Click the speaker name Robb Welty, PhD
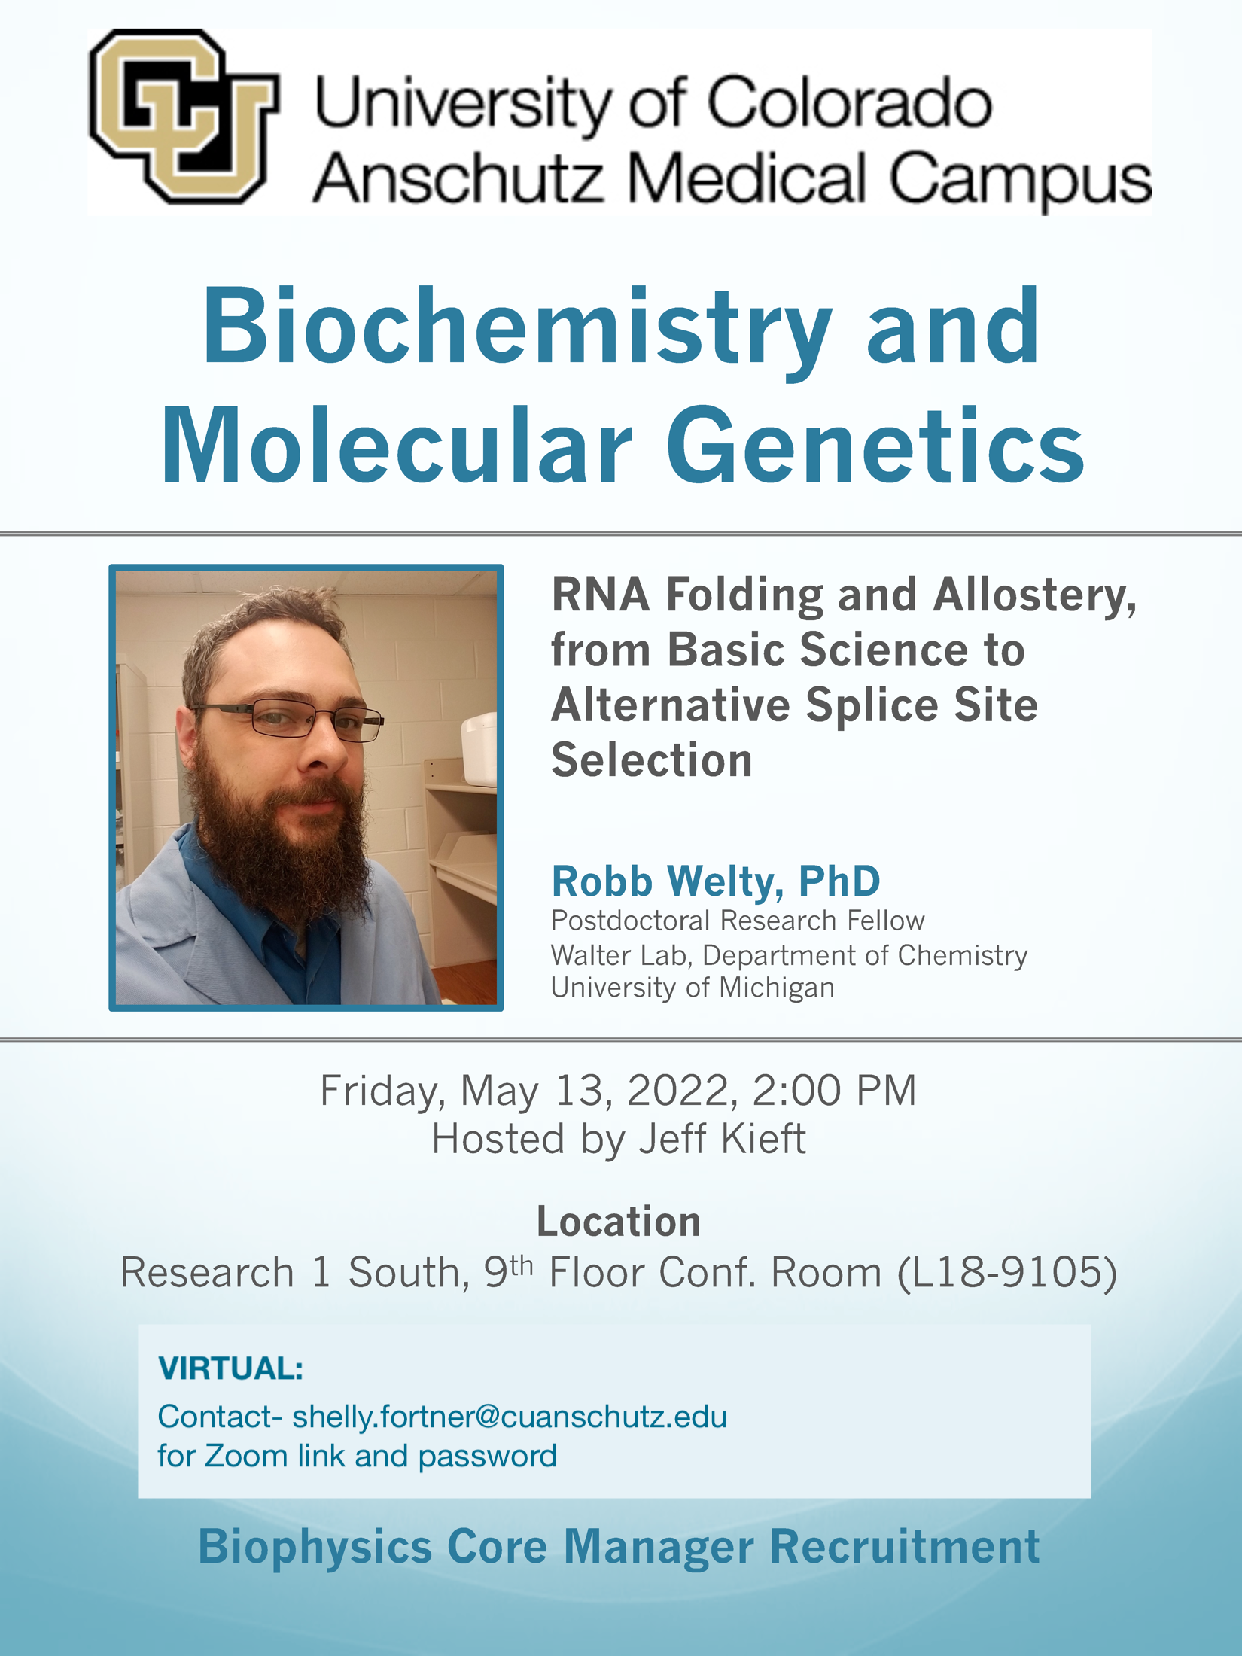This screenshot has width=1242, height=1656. [715, 881]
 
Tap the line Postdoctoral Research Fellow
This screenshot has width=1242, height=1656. [738, 921]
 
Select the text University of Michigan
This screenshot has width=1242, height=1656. [693, 988]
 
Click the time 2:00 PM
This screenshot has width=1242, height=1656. [834, 1090]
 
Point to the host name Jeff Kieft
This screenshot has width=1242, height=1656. [722, 1138]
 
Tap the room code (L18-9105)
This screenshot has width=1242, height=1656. [1007, 1273]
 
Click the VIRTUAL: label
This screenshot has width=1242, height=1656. [230, 1368]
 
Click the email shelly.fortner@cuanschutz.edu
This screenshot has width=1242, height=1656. [510, 1417]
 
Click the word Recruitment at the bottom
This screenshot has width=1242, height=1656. [904, 1548]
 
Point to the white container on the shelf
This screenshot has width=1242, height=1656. [479, 748]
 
